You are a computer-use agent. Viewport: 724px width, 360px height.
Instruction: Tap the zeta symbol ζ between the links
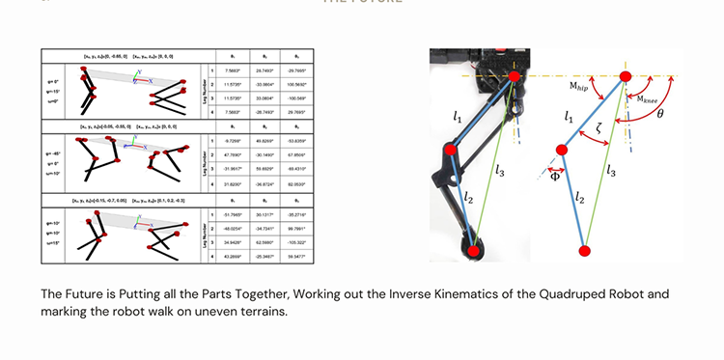click(x=599, y=126)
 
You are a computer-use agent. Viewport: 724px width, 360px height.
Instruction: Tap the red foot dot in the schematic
click(x=584, y=252)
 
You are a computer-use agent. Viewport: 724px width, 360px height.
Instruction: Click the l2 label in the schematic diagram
click(x=580, y=196)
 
